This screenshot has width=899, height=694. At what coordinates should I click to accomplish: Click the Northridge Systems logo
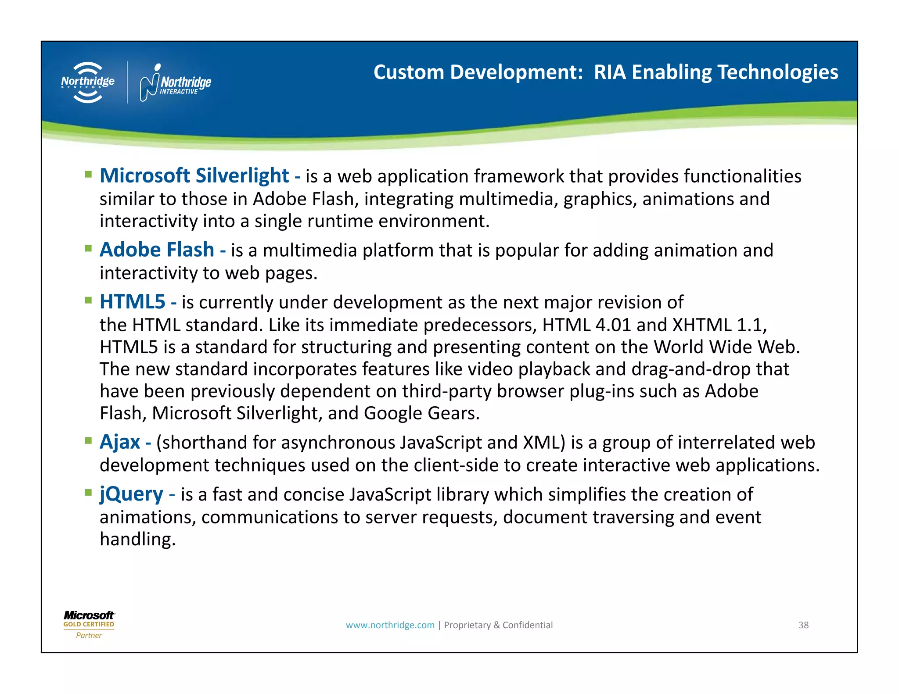click(88, 82)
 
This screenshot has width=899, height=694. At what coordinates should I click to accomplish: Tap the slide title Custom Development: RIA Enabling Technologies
click(605, 72)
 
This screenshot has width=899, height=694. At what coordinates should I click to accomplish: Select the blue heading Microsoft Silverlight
click(194, 175)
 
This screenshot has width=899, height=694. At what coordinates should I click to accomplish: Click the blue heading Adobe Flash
click(157, 250)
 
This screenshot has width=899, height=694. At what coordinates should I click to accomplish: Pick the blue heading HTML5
click(132, 302)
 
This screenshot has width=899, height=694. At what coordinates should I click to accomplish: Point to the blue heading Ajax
click(120, 442)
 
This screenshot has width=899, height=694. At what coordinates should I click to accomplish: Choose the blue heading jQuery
click(131, 494)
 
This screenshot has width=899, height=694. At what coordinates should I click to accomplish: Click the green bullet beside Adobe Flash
click(89, 249)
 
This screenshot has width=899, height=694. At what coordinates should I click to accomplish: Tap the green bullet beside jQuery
click(89, 493)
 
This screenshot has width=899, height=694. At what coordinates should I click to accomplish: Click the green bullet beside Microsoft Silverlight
click(89, 175)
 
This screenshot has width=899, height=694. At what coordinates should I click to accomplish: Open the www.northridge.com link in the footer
click(390, 625)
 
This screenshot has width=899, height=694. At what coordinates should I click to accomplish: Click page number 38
click(803, 625)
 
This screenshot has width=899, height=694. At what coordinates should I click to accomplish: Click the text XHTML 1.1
click(719, 325)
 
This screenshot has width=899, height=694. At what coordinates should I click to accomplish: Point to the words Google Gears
click(421, 413)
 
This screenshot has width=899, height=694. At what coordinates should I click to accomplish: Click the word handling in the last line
click(137, 539)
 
